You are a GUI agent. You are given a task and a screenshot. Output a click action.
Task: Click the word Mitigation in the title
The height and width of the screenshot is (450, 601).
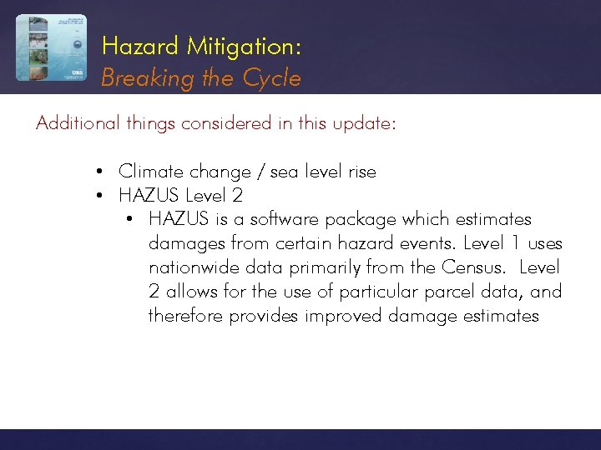[244, 47]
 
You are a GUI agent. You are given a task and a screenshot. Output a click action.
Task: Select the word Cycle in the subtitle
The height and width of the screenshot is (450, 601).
[272, 78]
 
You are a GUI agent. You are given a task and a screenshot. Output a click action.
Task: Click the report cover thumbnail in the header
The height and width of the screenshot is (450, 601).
[50, 47]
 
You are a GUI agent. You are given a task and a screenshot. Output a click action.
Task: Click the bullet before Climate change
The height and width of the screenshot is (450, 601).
[99, 172]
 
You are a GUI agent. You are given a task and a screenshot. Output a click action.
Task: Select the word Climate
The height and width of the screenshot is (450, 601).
[151, 172]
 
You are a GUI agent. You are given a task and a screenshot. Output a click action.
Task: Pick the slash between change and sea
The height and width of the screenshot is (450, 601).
[263, 172]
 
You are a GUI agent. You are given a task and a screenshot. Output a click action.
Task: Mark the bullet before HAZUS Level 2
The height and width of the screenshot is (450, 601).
[99, 197]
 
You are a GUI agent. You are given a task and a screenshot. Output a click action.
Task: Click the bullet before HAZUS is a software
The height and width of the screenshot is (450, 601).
[129, 221]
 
